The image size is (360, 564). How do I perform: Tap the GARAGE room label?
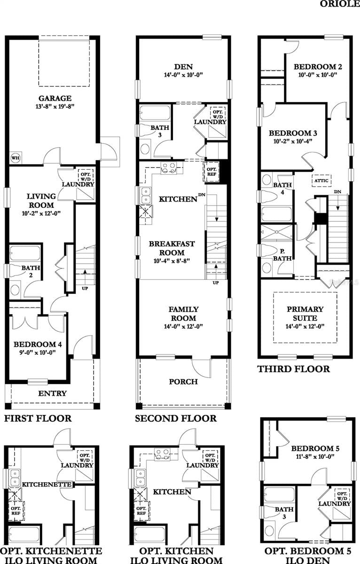(55, 98)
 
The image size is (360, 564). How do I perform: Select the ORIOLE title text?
(340, 4)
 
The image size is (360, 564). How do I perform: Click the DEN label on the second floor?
(183, 66)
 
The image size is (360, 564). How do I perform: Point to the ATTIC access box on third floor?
(321, 180)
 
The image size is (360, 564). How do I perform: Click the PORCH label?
(183, 382)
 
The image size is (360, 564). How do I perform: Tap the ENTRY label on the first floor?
(52, 393)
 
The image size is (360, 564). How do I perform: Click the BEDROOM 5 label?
(315, 448)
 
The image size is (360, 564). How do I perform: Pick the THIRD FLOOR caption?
(293, 369)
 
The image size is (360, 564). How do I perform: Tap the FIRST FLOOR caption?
(38, 418)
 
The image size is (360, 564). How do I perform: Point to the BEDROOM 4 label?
(41, 344)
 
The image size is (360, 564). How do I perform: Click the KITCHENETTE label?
(47, 484)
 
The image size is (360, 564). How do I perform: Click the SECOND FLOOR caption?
(176, 418)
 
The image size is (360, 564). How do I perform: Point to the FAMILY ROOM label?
(183, 313)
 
